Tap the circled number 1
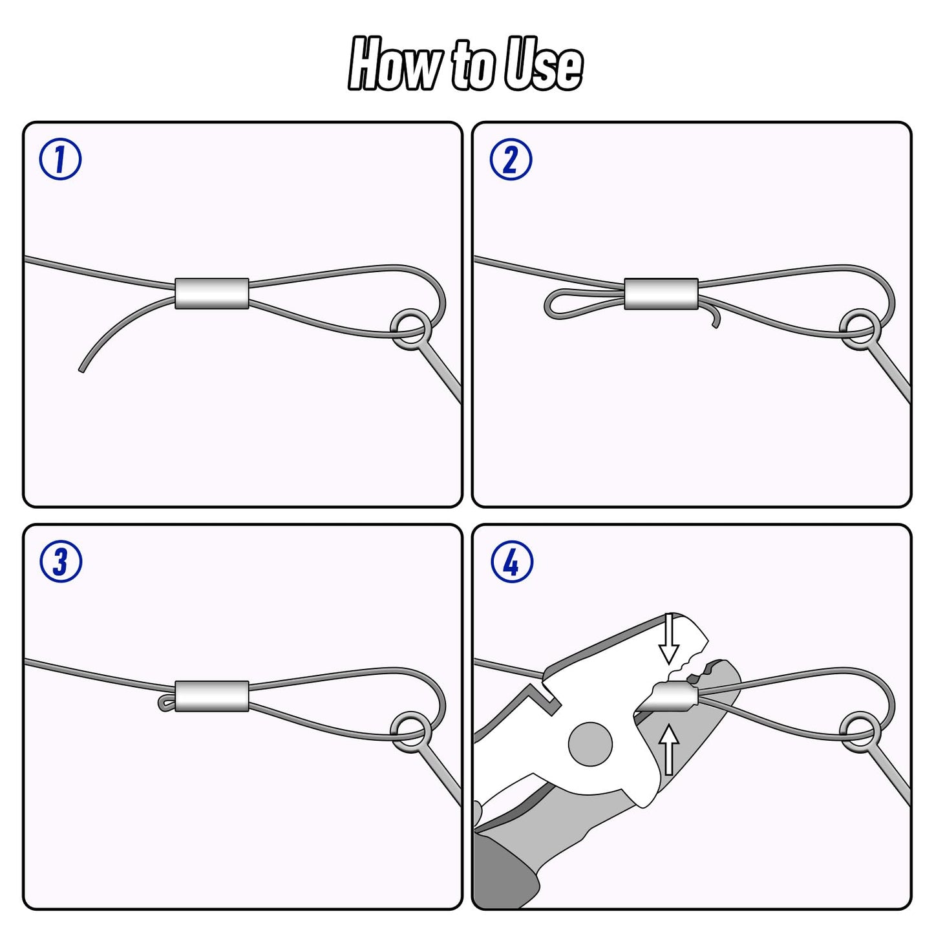click(60, 160)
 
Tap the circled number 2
click(511, 160)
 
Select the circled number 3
click(60, 562)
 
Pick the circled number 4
click(511, 562)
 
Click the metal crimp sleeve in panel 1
click(212, 293)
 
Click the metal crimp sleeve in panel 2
click(661, 293)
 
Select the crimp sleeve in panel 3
click(212, 696)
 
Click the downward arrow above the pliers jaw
click(669, 639)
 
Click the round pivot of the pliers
click(590, 744)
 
